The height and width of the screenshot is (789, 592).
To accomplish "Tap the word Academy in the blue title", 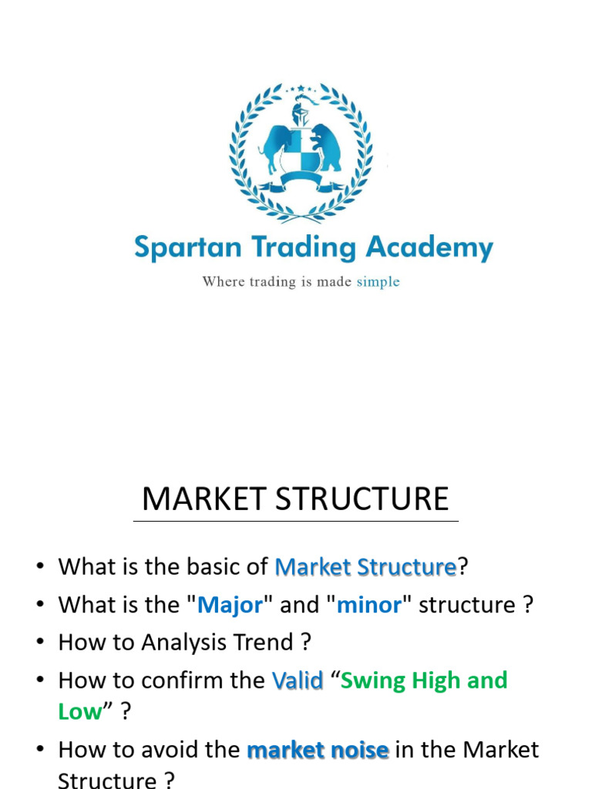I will (x=429, y=248).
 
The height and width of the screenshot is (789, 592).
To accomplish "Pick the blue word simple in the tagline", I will (x=378, y=281).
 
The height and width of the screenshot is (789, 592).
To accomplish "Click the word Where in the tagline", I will (x=223, y=281).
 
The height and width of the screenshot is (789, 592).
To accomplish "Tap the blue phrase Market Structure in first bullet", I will (x=365, y=567).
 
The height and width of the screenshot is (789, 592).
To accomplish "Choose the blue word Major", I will (x=230, y=605).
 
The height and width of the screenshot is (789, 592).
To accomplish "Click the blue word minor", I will (x=369, y=605).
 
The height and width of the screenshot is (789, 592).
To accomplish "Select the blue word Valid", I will (x=298, y=680).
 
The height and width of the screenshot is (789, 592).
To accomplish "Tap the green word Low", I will (x=80, y=711).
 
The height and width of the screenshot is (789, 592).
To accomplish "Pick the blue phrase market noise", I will (x=318, y=750).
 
